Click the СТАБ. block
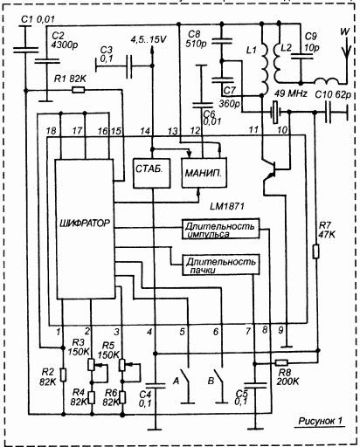[x=151, y=173]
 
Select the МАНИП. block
[x=204, y=173]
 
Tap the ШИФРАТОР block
[x=85, y=229]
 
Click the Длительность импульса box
[x=220, y=229]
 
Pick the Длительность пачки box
[x=220, y=265]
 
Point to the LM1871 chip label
[x=227, y=206]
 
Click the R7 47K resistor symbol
[x=315, y=251]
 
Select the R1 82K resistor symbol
[x=79, y=90]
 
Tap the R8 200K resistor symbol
[x=281, y=362]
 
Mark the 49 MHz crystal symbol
[x=275, y=112]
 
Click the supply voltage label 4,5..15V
[x=149, y=39]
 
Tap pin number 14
[x=145, y=131]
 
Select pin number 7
[x=248, y=332]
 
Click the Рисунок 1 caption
[x=321, y=421]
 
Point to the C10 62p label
[x=333, y=94]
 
